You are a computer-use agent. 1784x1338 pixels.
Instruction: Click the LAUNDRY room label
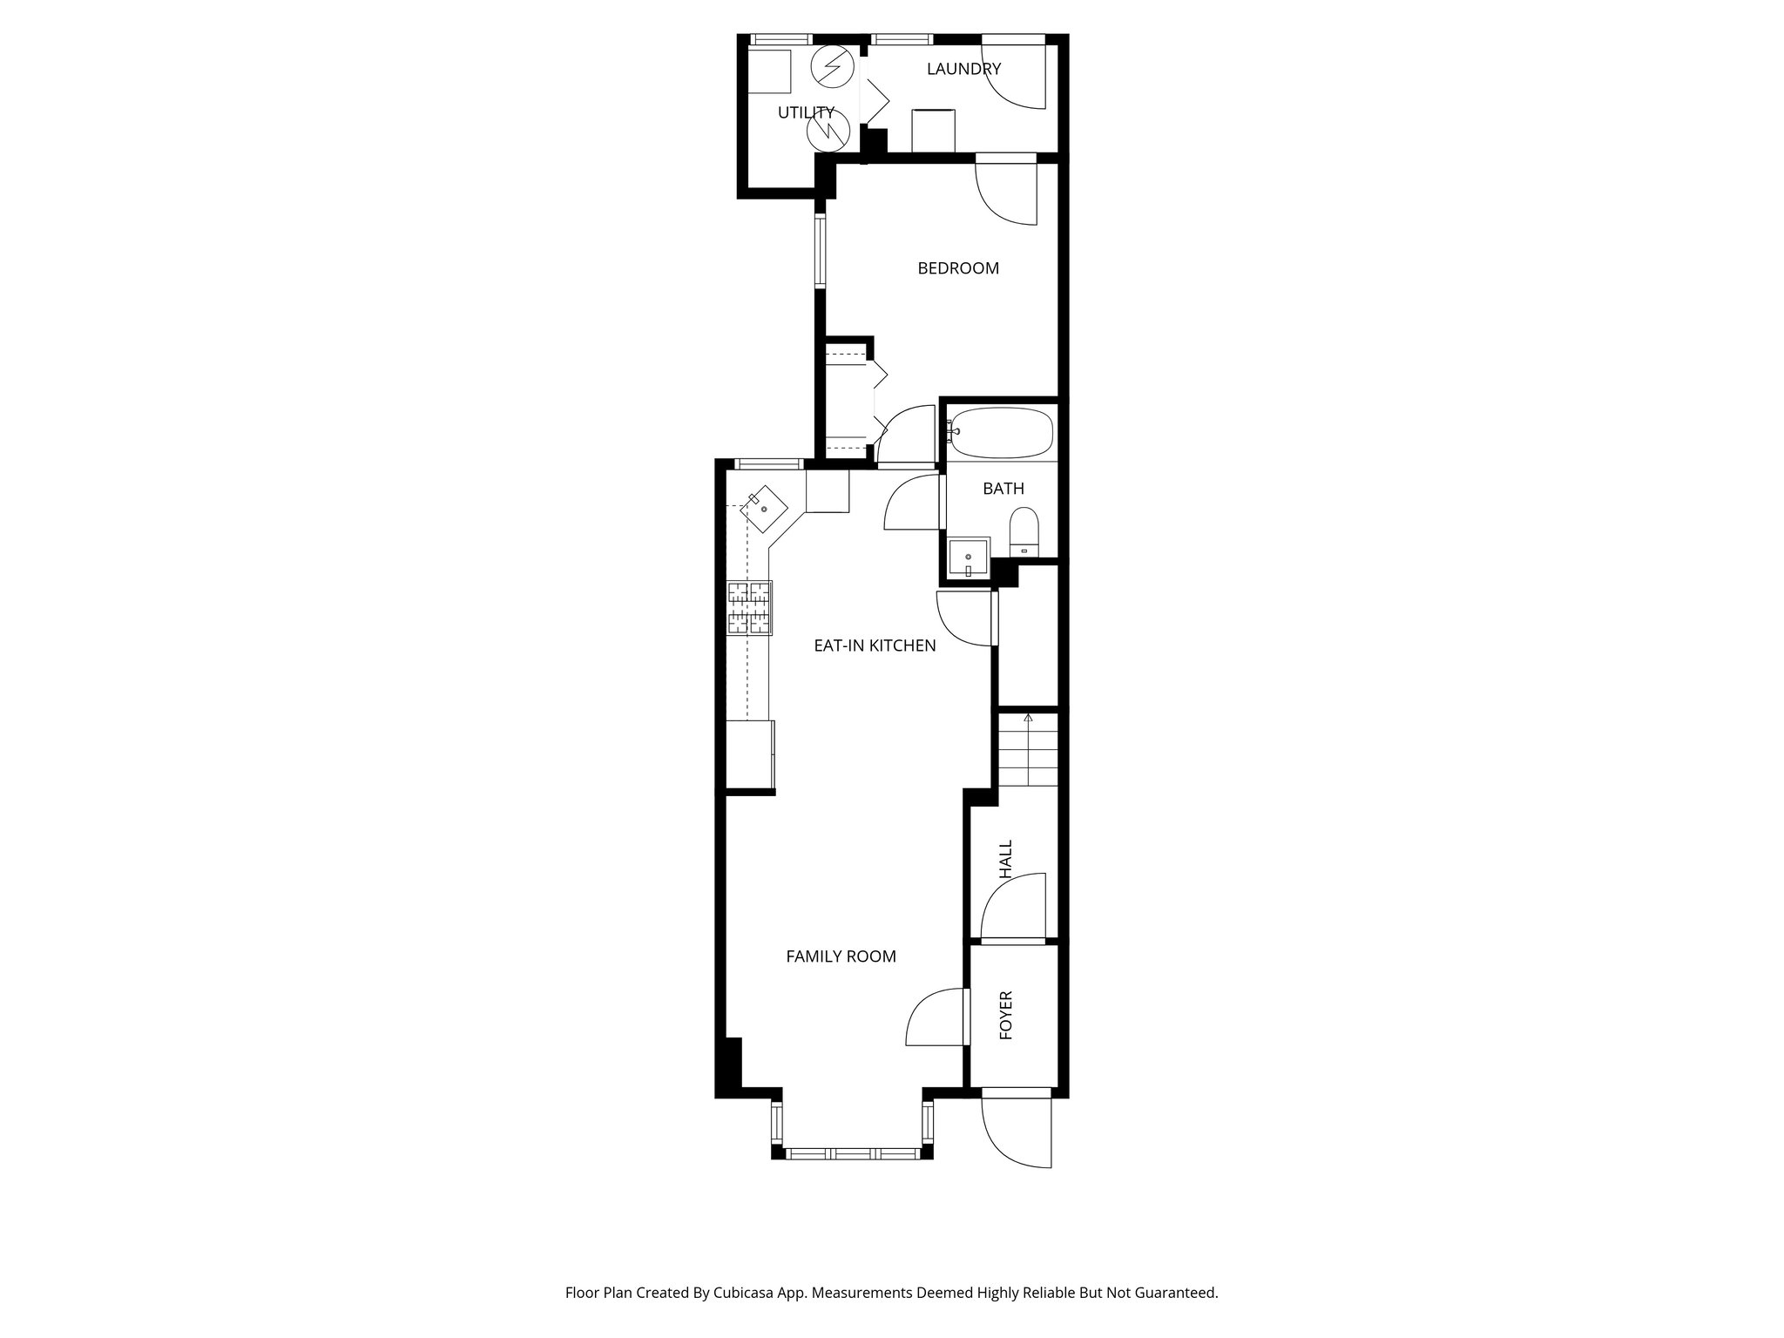pos(963,69)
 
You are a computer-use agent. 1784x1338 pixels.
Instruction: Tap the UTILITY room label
pos(806,112)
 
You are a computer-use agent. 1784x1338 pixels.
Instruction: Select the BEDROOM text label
pos(958,268)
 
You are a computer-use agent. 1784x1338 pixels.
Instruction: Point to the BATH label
pos(1003,489)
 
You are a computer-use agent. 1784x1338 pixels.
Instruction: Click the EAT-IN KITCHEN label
pos(875,645)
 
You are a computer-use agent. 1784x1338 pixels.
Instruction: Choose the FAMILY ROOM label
pos(841,956)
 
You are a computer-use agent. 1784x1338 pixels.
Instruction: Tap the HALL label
pos(1006,859)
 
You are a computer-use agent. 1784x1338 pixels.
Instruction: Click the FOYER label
pos(1006,1015)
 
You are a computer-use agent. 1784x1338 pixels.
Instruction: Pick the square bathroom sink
pos(969,557)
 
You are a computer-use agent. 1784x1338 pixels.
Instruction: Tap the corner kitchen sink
pos(154,509)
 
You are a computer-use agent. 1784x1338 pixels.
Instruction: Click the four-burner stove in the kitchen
pos(750,607)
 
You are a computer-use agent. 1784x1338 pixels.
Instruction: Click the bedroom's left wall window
pos(821,251)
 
